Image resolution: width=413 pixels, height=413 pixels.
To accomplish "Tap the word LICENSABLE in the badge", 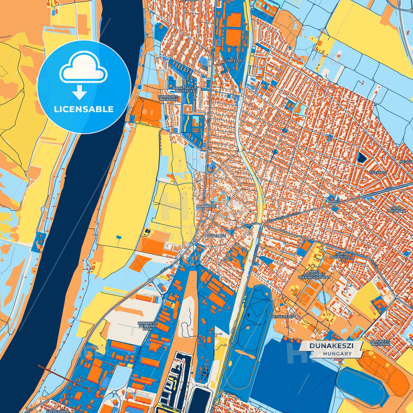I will (84, 109).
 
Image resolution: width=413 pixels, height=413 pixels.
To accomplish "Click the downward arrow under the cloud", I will (79, 93).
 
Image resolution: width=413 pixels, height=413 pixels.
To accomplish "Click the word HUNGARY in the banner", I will (338, 354).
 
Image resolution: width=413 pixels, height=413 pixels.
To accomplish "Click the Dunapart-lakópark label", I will (169, 98).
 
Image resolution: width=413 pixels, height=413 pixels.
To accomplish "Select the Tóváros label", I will (378, 173).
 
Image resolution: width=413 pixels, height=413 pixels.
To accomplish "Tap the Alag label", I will (333, 201).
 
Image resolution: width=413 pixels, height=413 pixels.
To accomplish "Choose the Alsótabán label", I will (216, 236).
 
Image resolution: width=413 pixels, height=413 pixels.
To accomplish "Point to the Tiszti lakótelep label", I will (340, 256).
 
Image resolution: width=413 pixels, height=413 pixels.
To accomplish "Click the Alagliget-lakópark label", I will (380, 343).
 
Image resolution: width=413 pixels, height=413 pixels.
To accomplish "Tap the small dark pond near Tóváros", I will (362, 157).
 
